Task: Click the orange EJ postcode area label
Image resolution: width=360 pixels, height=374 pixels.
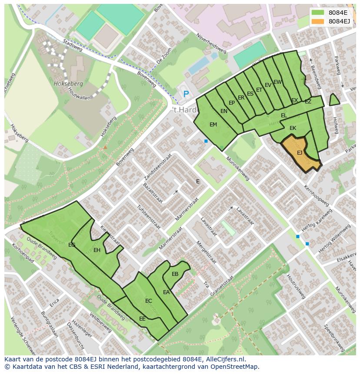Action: click(300, 153)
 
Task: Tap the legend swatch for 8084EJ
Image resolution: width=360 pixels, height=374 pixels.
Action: click(318, 21)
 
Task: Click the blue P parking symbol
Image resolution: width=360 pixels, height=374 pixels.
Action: click(186, 94)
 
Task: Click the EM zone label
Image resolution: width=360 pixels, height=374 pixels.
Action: click(213, 125)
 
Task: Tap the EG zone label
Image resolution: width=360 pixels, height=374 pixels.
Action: click(72, 245)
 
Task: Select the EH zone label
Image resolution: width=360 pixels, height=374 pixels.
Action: click(97, 250)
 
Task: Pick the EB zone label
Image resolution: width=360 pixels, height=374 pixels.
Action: click(175, 274)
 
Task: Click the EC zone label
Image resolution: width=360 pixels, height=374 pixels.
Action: click(149, 301)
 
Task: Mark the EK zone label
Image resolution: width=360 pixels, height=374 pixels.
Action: click(293, 128)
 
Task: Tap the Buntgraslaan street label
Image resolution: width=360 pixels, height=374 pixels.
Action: click(49, 323)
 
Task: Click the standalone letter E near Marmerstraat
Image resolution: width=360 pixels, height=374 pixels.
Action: click(197, 182)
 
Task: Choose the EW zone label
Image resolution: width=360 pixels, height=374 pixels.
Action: click(278, 82)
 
